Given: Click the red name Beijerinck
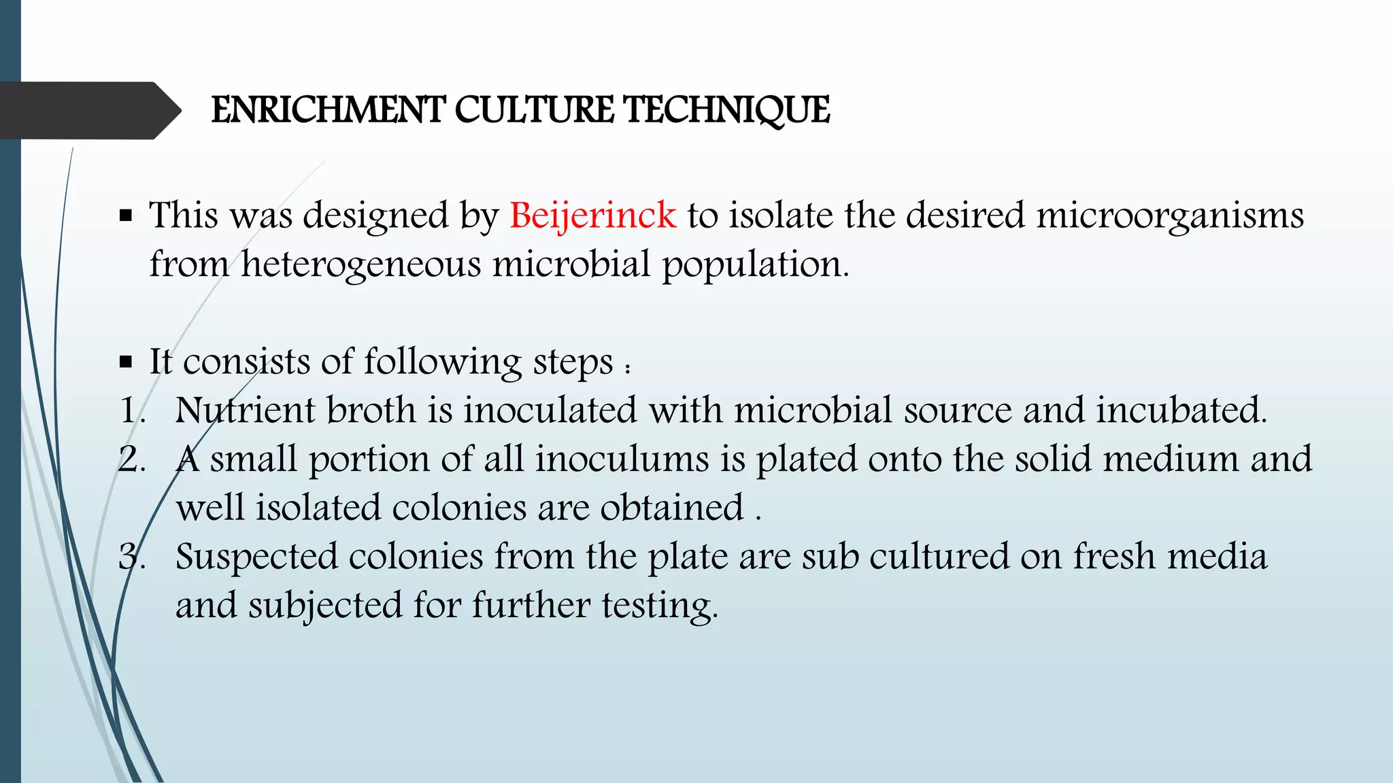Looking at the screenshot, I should click(592, 215).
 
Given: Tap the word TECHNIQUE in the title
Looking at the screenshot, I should click(726, 110).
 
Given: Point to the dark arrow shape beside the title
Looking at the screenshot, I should click(88, 110).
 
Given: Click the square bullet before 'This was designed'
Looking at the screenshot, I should click(125, 216).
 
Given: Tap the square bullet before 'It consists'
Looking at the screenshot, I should click(125, 362).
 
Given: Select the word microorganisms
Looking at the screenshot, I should click(1170, 215).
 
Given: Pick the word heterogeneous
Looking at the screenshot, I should click(360, 264).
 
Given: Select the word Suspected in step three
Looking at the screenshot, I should click(256, 557).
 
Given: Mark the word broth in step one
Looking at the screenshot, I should click(371, 411).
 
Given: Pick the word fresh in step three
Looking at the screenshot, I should click(1114, 557).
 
